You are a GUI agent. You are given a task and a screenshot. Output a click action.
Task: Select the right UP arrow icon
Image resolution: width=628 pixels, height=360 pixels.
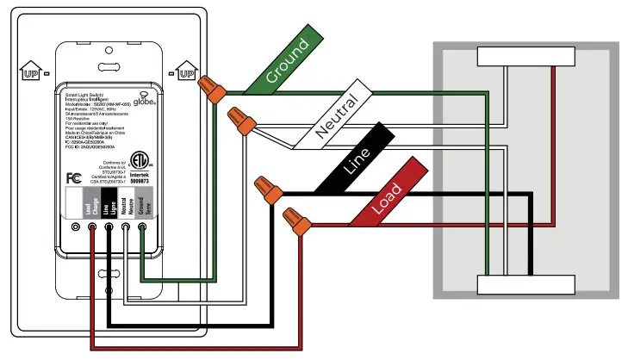[x=184, y=70]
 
